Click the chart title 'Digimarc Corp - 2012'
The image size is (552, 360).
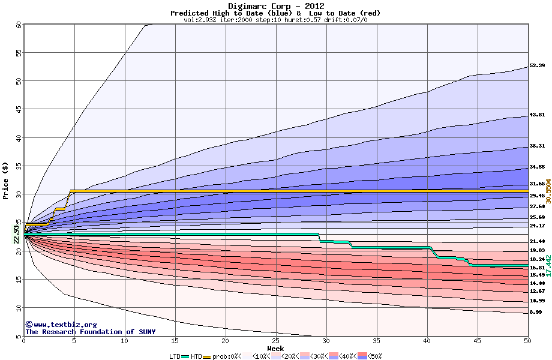[x=275, y=6]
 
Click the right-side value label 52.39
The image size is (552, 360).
[x=536, y=65]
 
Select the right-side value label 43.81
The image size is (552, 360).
[x=536, y=115]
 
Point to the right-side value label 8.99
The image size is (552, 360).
[x=536, y=312]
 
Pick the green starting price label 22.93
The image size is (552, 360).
[x=17, y=233]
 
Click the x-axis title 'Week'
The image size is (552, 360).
[x=275, y=349]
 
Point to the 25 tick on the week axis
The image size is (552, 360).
[x=276, y=341]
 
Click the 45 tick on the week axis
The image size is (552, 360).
[x=477, y=341]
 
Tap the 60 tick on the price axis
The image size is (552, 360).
[x=19, y=25]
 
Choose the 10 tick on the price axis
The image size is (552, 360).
[x=19, y=308]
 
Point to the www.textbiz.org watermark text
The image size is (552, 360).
[x=61, y=325]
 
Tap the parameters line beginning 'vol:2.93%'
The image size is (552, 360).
[x=275, y=20]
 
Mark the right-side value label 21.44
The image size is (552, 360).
[x=536, y=241]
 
